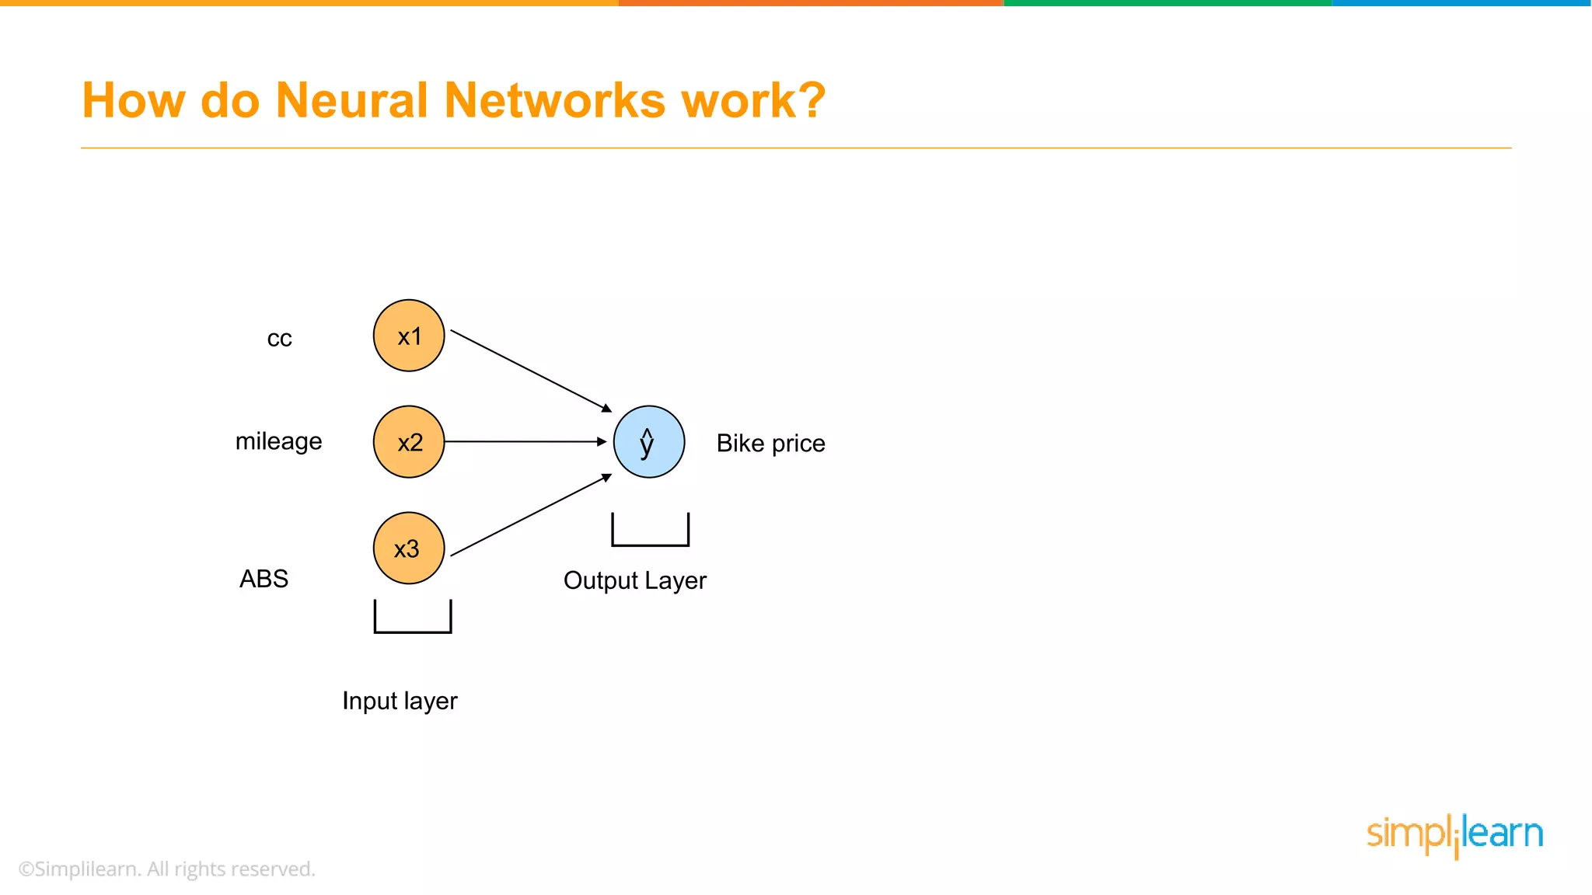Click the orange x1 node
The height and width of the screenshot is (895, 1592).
coord(409,336)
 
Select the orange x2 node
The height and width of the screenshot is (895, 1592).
coord(409,441)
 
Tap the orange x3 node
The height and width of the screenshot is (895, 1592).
coord(409,548)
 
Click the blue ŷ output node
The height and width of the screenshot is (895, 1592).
coord(649,441)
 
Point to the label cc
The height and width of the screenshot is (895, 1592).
coord(280,339)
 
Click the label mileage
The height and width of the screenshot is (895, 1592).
coord(278,441)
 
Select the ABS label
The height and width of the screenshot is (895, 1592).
coord(264,579)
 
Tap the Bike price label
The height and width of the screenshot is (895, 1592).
coord(770,443)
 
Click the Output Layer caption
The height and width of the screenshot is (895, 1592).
coord(635,580)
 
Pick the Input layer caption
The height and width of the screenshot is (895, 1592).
coord(400,701)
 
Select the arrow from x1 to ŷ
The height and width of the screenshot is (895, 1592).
coord(531,371)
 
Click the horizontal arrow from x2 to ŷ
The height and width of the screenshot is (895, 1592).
coord(525,441)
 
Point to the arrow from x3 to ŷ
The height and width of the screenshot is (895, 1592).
coord(531,515)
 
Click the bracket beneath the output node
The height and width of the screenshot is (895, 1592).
coord(651,543)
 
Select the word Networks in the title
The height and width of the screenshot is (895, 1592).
coord(555,100)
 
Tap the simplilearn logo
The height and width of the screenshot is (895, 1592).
coord(1454,834)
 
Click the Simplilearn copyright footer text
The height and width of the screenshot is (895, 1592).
coord(166,869)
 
